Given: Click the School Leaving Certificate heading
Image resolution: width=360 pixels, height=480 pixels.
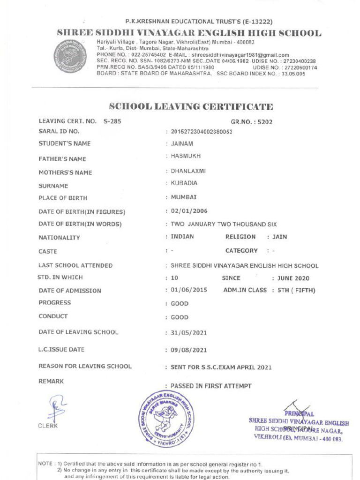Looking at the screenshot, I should point(191,106).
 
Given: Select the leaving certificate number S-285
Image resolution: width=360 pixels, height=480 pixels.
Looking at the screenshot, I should point(112,121).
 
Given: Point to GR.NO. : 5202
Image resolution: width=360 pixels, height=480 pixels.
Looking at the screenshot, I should point(251,122).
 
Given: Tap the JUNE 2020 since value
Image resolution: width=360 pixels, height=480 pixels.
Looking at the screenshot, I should point(293,278).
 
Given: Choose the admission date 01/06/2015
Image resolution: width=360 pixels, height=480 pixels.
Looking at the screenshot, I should point(188,290).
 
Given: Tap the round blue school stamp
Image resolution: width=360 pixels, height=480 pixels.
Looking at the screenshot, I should point(165,418).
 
